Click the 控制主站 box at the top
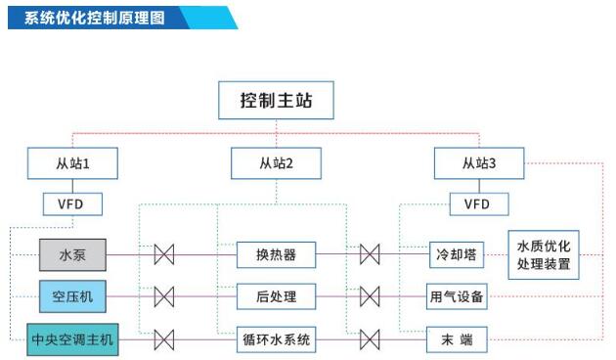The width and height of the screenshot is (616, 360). [277, 101]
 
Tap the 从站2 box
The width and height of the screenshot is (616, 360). [277, 163]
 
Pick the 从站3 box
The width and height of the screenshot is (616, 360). [479, 163]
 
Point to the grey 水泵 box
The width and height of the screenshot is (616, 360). [71, 255]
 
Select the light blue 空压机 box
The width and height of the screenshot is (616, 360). [71, 295]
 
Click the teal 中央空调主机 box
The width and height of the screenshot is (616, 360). [71, 340]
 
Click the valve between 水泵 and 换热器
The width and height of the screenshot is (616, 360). [164, 255]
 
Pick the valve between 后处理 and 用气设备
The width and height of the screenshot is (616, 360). [370, 295]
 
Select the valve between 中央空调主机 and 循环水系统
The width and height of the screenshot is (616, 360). [164, 340]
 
